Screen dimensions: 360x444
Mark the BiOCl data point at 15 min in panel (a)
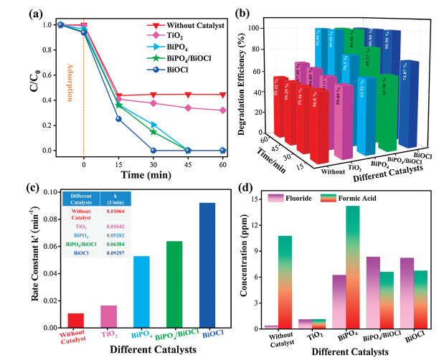[118, 119]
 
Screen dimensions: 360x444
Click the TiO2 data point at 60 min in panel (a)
[222, 110]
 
